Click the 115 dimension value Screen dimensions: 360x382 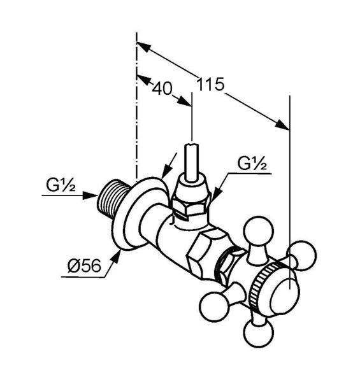point(210,84)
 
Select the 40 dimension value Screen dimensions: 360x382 point(162,88)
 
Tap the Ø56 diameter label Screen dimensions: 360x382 point(84,265)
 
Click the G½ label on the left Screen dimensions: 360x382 point(61,185)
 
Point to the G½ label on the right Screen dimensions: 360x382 point(252,164)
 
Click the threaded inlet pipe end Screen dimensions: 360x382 point(112,198)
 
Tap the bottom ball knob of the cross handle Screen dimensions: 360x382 point(258,333)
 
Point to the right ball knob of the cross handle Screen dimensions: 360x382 point(301,255)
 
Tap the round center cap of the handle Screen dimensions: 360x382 point(284,296)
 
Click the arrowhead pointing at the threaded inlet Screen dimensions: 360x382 point(89,195)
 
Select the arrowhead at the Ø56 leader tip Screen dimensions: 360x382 point(116,257)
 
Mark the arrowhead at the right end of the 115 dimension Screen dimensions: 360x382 point(282,125)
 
